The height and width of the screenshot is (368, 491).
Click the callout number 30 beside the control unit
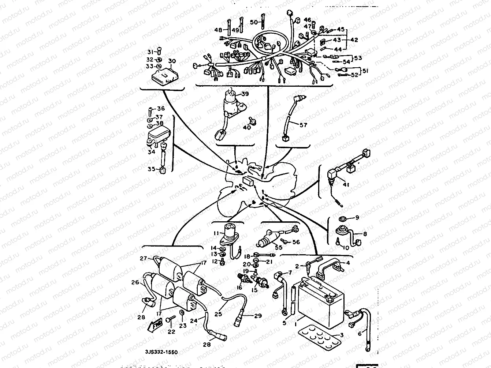pyautogui.click(x=172, y=61)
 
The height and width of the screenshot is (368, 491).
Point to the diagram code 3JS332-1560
pyautogui.click(x=161, y=352)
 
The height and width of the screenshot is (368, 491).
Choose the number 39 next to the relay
pyautogui.click(x=245, y=94)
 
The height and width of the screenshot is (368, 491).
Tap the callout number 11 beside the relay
pyautogui.click(x=216, y=233)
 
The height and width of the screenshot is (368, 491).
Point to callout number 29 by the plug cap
pyautogui.click(x=258, y=316)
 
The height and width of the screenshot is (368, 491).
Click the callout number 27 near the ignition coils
pyautogui.click(x=143, y=258)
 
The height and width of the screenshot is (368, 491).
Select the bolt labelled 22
pyautogui.click(x=169, y=320)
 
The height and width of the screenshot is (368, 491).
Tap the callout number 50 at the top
pyautogui.click(x=254, y=22)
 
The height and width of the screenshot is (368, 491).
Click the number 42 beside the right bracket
pyautogui.click(x=354, y=40)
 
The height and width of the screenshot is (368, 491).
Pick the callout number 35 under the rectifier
pyautogui.click(x=152, y=169)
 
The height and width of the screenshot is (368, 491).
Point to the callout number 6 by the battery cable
pyautogui.click(x=360, y=333)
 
